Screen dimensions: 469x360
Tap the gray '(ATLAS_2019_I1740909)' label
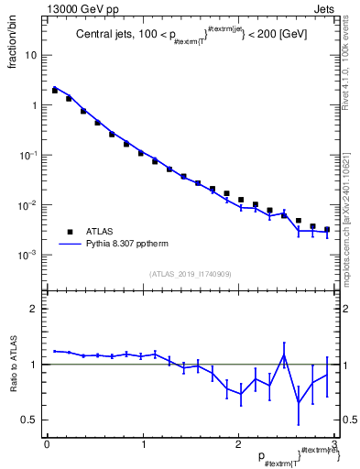coord(189,274)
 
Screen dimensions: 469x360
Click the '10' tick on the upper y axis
coord(30,55)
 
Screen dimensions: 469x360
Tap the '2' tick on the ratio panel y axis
coord(33,309)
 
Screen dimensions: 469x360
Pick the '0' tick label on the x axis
coord(47,444)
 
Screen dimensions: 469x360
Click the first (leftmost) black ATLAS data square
coord(55,91)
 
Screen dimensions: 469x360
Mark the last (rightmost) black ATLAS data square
coord(327,230)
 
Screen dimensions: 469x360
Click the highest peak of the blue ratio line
coord(284,355)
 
